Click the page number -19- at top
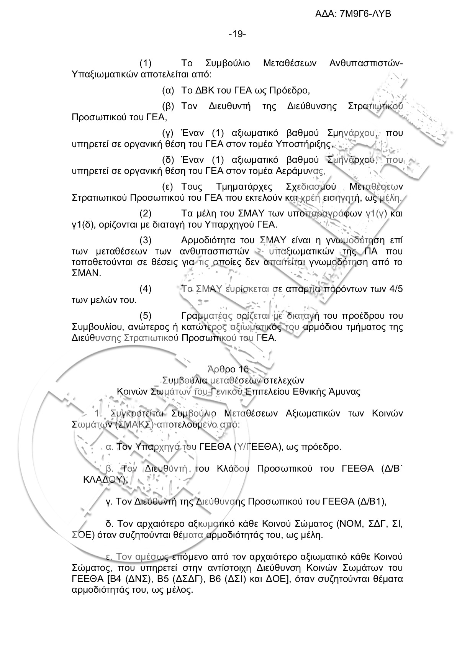coord(237,34)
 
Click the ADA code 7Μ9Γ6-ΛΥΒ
coord(365,14)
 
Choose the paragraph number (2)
coord(146,213)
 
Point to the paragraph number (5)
coord(146,316)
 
